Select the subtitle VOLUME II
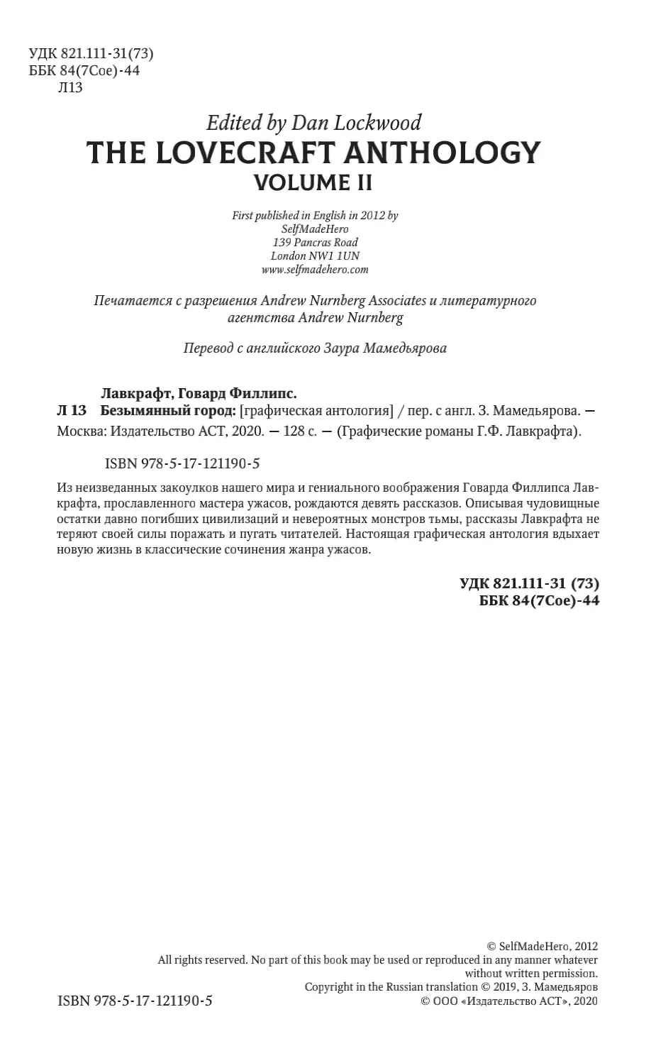pyautogui.click(x=313, y=183)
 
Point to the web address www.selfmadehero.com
pyautogui.click(x=315, y=269)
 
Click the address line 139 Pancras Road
pyautogui.click(x=315, y=242)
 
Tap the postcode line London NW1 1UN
pyautogui.click(x=315, y=255)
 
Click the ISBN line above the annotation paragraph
pyautogui.click(x=182, y=464)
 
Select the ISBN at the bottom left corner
pyautogui.click(x=134, y=1001)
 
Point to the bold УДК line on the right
pyautogui.click(x=530, y=583)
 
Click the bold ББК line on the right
pyautogui.click(x=530, y=601)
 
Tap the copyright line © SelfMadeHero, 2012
pyautogui.click(x=542, y=946)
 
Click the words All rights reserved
pyautogui.click(x=202, y=959)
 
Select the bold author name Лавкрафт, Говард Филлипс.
pyautogui.click(x=196, y=392)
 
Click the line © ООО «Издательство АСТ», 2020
pyautogui.click(x=509, y=1001)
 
